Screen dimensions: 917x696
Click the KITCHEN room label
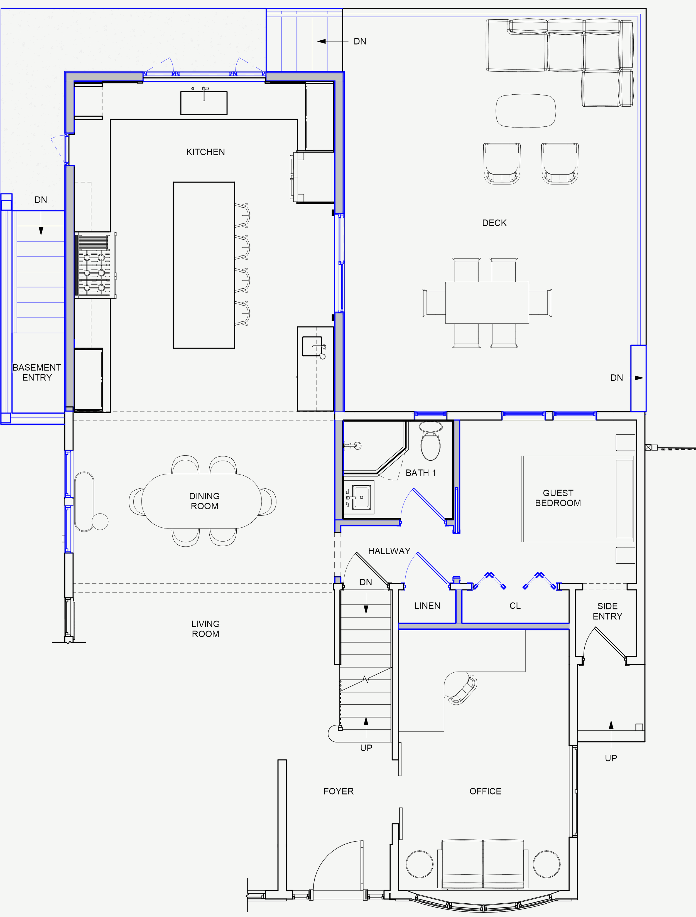205,152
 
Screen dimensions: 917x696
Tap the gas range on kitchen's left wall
95,265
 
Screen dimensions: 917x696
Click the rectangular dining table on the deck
487,303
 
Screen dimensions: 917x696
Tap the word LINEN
427,606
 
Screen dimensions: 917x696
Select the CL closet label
515,606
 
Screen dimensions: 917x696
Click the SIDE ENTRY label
607,611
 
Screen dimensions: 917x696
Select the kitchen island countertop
204,265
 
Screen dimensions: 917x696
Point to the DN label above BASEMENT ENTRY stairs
41,200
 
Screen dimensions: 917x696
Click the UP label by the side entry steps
611,758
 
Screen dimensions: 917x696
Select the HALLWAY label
389,551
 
